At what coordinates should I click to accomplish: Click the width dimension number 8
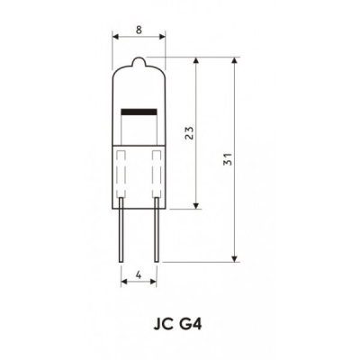coord(139,29)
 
